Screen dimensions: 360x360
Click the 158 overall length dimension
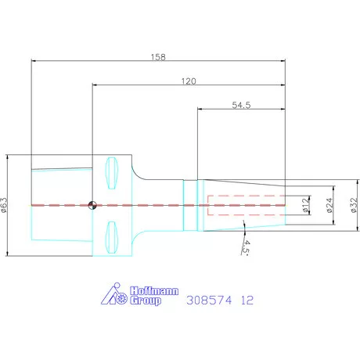point(158,57)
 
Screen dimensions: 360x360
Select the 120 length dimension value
point(189,81)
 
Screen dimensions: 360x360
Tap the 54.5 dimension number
point(241,105)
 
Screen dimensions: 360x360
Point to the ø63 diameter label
point(5,205)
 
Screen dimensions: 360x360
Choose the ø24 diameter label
point(329,205)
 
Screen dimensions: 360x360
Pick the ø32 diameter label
point(354,205)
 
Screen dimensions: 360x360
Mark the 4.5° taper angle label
point(246,247)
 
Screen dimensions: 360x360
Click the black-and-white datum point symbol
point(92,205)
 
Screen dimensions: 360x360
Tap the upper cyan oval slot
point(112,173)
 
